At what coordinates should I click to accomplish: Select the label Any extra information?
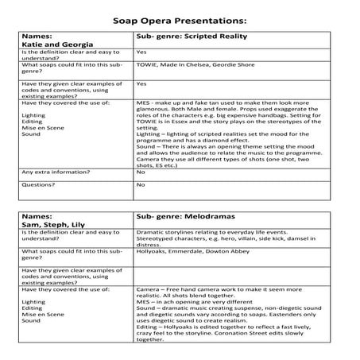[x=52, y=172]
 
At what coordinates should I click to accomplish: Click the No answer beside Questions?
[x=141, y=185]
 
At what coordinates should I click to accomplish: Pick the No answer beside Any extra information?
[x=141, y=172]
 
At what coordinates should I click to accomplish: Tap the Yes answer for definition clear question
[x=141, y=52]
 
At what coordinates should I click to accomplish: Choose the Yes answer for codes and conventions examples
[x=141, y=83]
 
